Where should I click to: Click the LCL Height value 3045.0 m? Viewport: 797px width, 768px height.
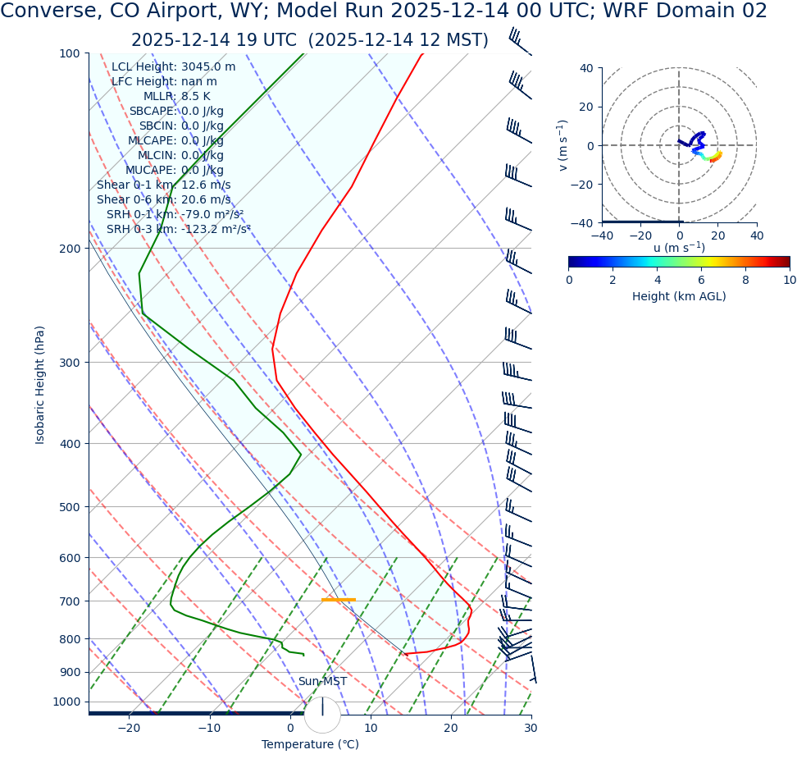208,67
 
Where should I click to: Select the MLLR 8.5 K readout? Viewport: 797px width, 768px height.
195,97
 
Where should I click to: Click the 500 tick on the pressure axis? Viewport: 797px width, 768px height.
69,507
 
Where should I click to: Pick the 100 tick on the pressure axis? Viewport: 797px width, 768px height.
69,53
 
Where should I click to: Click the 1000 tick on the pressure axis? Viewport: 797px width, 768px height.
66,702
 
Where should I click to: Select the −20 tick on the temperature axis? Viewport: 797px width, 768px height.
129,729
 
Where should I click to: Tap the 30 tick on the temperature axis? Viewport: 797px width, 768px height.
531,729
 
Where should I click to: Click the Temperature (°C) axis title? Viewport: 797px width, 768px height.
310,745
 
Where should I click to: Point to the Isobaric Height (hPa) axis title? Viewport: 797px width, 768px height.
40,385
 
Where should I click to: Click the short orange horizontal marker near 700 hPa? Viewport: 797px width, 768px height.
338,600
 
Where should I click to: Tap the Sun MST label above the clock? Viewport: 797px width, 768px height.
322,682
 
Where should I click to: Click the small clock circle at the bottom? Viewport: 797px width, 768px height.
322,715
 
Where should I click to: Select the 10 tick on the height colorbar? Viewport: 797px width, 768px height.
789,281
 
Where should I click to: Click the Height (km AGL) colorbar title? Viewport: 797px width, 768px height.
679,296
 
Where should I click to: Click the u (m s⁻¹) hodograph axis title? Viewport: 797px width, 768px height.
679,248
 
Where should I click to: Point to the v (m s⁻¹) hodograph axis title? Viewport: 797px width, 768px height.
563,145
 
